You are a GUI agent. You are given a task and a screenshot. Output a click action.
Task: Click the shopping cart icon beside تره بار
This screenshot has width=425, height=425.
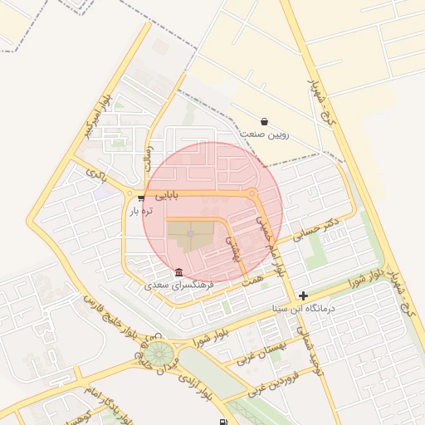[x=141, y=198]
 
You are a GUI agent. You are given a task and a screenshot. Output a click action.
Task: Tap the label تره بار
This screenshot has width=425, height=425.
[x=141, y=212]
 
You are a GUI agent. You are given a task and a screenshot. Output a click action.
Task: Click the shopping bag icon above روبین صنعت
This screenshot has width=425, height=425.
[x=264, y=121]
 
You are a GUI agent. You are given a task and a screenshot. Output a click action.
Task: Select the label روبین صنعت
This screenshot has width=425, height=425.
[x=264, y=134]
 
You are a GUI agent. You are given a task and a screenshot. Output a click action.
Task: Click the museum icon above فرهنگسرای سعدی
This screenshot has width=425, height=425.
[x=179, y=272]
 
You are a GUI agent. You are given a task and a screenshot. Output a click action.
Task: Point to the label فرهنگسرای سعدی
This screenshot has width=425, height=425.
[x=179, y=285]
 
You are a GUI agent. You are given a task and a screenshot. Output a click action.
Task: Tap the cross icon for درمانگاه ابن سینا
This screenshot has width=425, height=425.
[x=304, y=296]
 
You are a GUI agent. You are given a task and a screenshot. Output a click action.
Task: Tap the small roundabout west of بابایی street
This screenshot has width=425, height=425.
[x=129, y=194]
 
